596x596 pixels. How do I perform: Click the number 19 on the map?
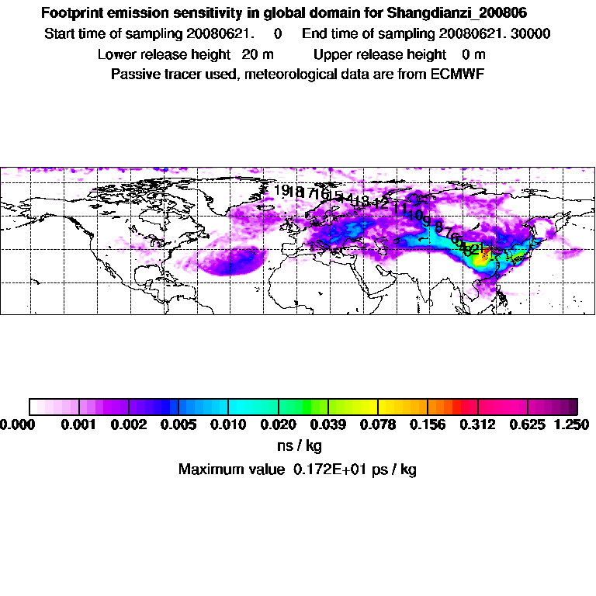coord(282,190)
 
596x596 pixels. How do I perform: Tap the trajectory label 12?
coord(381,203)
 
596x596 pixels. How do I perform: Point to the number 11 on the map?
coord(400,209)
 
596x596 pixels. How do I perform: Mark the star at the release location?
coord(487,249)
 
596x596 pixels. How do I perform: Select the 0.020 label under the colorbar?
coord(278,424)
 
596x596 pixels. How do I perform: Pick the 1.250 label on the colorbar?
coord(571,424)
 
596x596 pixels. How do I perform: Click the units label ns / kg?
coord(299,446)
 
